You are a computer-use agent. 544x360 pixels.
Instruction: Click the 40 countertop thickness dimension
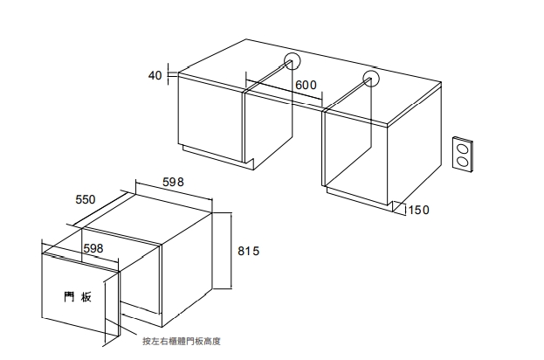click(155, 75)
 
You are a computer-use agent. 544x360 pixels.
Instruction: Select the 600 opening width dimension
click(306, 85)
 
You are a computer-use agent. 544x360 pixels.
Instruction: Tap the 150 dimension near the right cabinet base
click(419, 210)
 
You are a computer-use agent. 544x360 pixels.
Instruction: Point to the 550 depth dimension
click(86, 199)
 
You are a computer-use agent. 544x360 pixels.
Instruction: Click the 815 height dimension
click(248, 251)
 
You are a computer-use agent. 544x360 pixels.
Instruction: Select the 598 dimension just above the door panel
click(93, 248)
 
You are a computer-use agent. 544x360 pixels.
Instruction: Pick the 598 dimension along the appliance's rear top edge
click(173, 182)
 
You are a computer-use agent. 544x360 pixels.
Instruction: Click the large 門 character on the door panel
click(69, 297)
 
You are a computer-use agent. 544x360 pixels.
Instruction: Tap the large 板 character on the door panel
click(86, 297)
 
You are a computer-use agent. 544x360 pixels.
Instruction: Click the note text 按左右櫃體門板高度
click(182, 342)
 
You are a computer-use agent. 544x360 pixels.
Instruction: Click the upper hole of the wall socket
click(462, 149)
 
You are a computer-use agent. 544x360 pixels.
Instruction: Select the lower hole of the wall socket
click(462, 162)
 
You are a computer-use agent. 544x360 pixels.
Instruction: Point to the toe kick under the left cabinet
click(218, 157)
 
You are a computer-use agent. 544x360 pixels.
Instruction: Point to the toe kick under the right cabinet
click(360, 199)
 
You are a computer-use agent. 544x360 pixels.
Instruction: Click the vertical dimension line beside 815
click(231, 251)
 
